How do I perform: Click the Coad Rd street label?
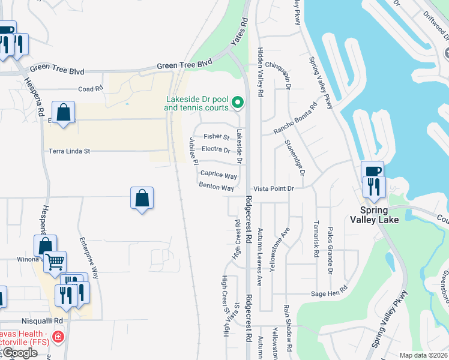91,89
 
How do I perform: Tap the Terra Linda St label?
70,151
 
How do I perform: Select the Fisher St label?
216,137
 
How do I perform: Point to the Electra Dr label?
217,149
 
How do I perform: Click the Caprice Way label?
218,175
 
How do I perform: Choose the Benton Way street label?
216,187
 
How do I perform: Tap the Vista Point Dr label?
273,188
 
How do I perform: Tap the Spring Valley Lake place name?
374,215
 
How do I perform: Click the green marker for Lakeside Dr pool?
237,102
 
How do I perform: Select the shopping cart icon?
55,261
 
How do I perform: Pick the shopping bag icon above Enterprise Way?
142,197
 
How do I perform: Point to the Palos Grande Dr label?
330,250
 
